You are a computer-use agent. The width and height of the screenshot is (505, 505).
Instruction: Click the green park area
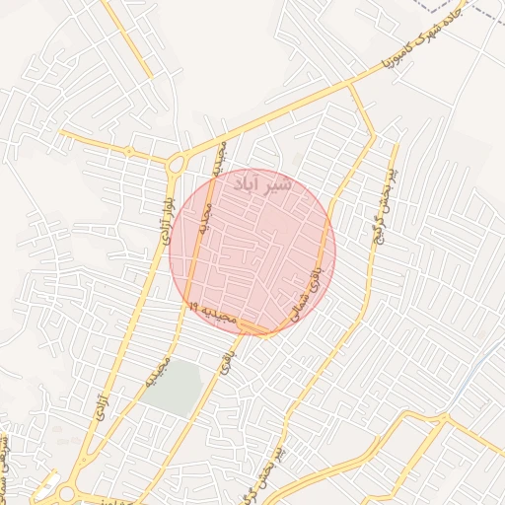pyautogui.click(x=176, y=389)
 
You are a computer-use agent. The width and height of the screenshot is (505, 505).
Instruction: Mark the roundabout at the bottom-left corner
pyautogui.click(x=67, y=493)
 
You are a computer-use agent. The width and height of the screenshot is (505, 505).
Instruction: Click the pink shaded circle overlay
pyautogui.click(x=252, y=252)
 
